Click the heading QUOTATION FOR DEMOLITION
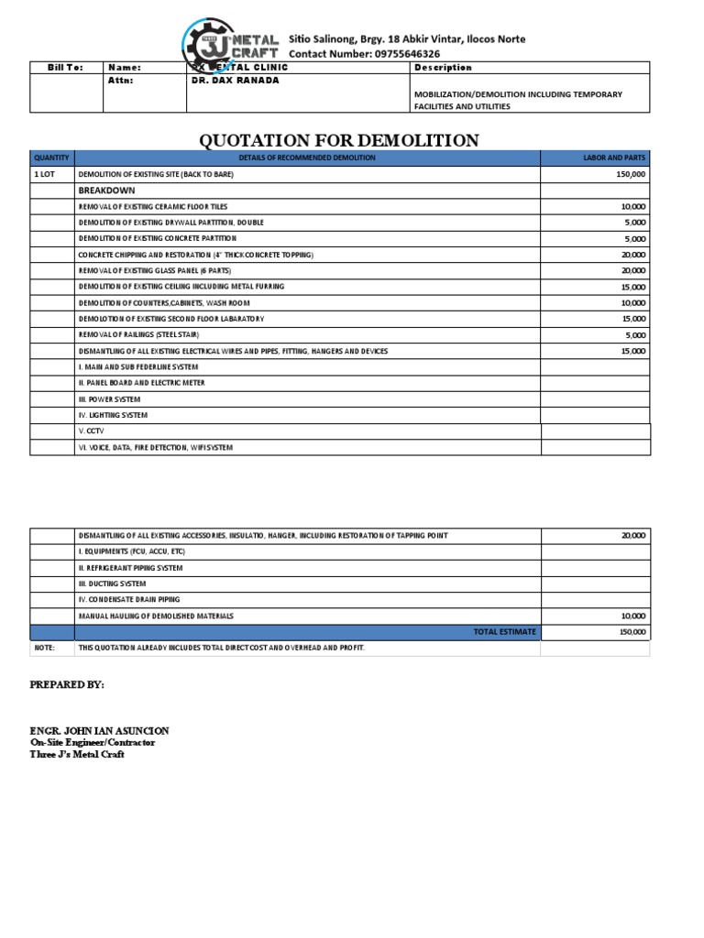[x=339, y=140]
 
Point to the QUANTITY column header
[x=52, y=158]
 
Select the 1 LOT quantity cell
[x=45, y=174]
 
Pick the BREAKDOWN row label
[x=106, y=191]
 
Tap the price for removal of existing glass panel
[x=632, y=271]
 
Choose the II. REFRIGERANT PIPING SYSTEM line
[x=130, y=568]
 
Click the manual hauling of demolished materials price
[x=632, y=616]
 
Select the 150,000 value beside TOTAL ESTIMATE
[x=632, y=632]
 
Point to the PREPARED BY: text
[x=67, y=685]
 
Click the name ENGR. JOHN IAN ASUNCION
[x=100, y=730]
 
